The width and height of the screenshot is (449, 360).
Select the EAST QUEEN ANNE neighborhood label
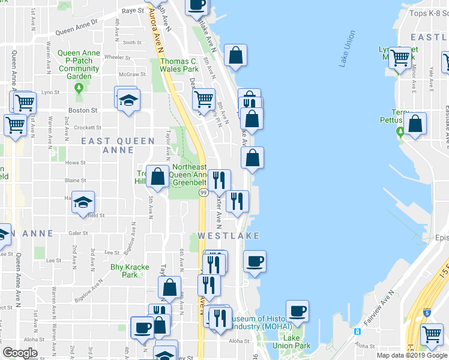(x=107, y=145)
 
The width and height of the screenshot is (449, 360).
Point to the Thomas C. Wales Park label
(x=179, y=65)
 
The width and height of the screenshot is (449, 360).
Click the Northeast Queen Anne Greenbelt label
(x=189, y=175)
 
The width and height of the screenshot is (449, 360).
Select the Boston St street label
(x=83, y=110)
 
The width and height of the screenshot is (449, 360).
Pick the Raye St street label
(x=133, y=11)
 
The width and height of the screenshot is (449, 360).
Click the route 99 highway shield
(x=203, y=192)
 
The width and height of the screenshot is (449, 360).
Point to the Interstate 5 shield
(x=426, y=312)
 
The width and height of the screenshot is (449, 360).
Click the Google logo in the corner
(x=20, y=353)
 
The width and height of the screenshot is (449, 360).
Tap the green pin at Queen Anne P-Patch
(x=79, y=88)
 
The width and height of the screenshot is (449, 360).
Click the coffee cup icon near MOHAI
(x=297, y=311)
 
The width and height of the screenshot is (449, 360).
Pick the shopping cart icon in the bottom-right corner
(x=432, y=334)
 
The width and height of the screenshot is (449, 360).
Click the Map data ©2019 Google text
(x=412, y=355)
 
